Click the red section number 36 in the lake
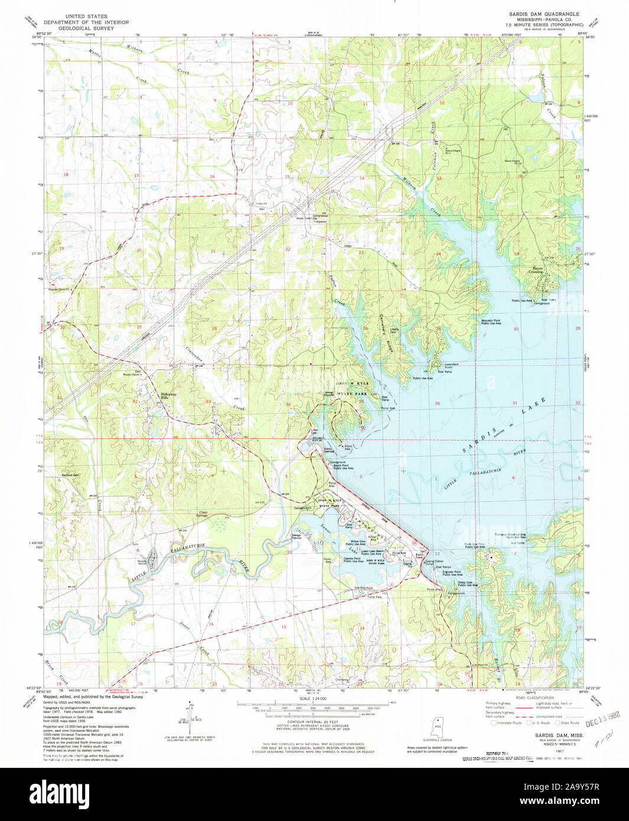click(438, 403)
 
